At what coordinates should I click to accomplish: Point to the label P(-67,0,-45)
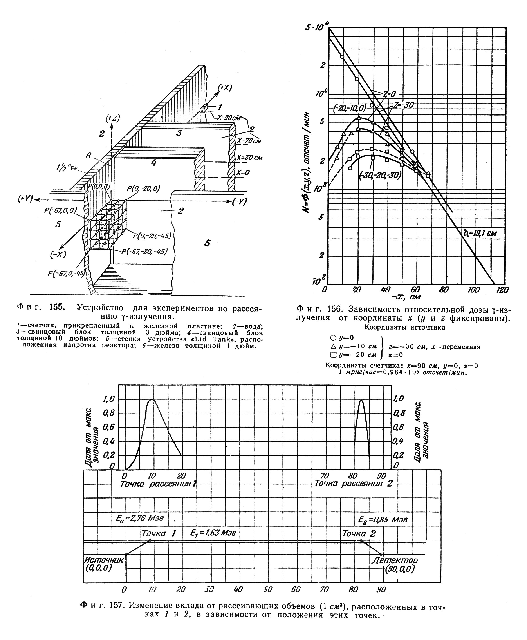(x=66, y=273)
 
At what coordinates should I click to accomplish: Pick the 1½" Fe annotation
(x=67, y=168)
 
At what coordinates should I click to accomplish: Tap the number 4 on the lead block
(x=154, y=163)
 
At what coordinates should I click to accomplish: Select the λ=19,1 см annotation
(x=480, y=233)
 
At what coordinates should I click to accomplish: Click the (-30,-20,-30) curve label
(x=380, y=175)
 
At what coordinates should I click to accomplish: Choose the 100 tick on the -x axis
(x=474, y=290)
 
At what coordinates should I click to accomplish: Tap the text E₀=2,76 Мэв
(x=140, y=519)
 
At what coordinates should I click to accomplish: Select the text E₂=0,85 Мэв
(x=383, y=520)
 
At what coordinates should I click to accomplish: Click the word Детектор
(x=394, y=560)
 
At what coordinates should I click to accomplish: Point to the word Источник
(x=104, y=560)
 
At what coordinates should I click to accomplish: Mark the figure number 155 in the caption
(x=57, y=307)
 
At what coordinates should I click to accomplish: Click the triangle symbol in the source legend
(x=333, y=346)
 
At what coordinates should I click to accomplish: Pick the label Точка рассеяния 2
(x=353, y=483)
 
